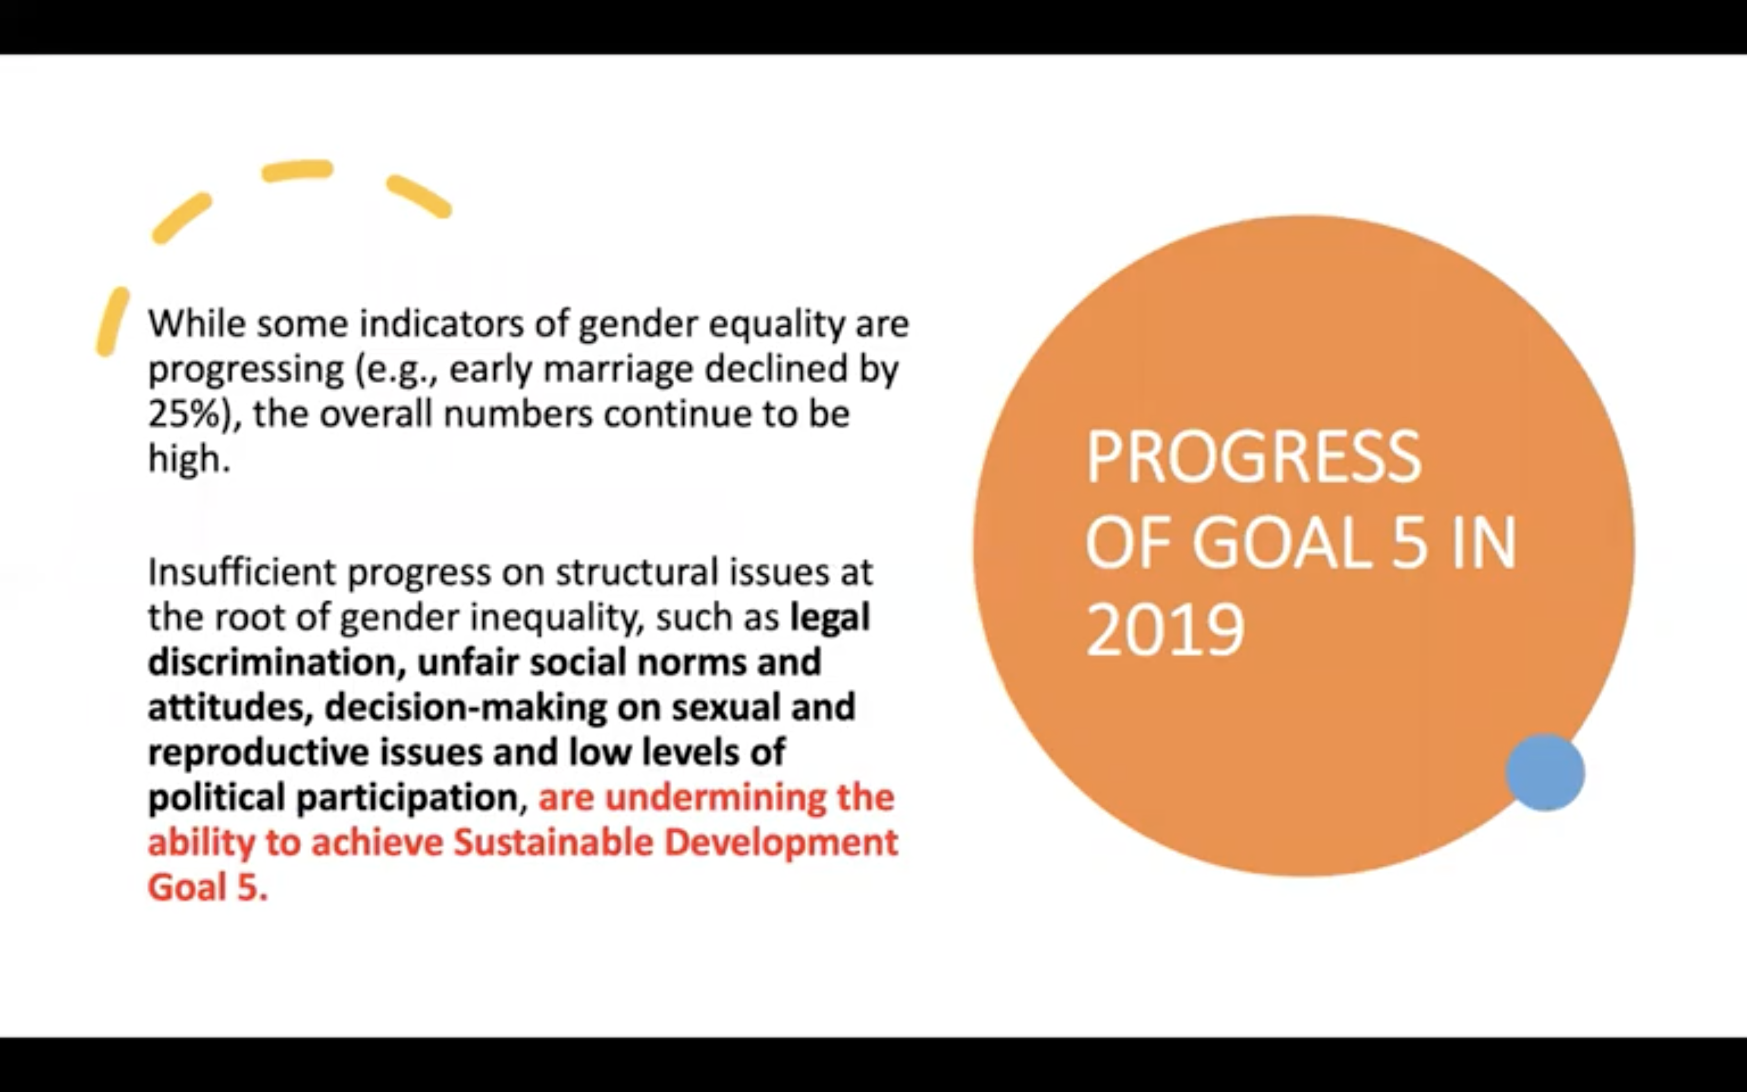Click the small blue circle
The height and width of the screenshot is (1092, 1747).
click(1545, 772)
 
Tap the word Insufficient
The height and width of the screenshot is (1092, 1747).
click(242, 571)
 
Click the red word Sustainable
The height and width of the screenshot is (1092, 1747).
click(553, 842)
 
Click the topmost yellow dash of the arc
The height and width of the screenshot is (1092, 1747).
click(297, 171)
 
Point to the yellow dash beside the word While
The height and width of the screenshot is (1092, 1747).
click(113, 321)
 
